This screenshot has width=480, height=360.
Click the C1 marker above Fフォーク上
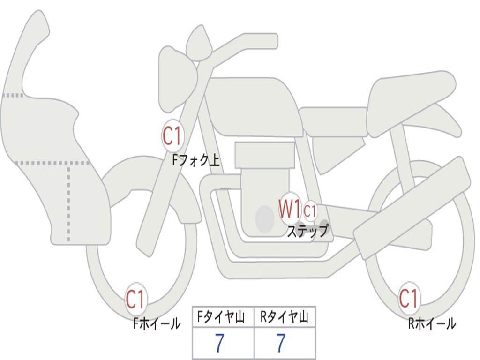[x=172, y=136]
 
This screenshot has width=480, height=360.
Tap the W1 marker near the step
[x=290, y=209]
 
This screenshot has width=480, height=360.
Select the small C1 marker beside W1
[x=310, y=211]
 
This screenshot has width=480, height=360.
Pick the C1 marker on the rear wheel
[x=408, y=298]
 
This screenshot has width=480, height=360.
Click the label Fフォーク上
[x=195, y=161]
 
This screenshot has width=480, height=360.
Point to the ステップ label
[x=307, y=231]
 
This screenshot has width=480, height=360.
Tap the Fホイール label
[x=157, y=323]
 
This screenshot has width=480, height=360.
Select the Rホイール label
[x=432, y=323]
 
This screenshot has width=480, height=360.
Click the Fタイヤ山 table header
[x=223, y=318]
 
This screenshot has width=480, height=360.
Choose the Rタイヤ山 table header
[x=285, y=318]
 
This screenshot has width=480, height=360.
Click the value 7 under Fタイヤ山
[x=219, y=344]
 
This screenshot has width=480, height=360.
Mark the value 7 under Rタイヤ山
[x=281, y=344]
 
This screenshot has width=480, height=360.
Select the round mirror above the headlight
[x=199, y=45]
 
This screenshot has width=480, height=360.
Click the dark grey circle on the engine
[x=265, y=218]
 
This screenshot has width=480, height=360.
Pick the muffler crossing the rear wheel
[x=412, y=206]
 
